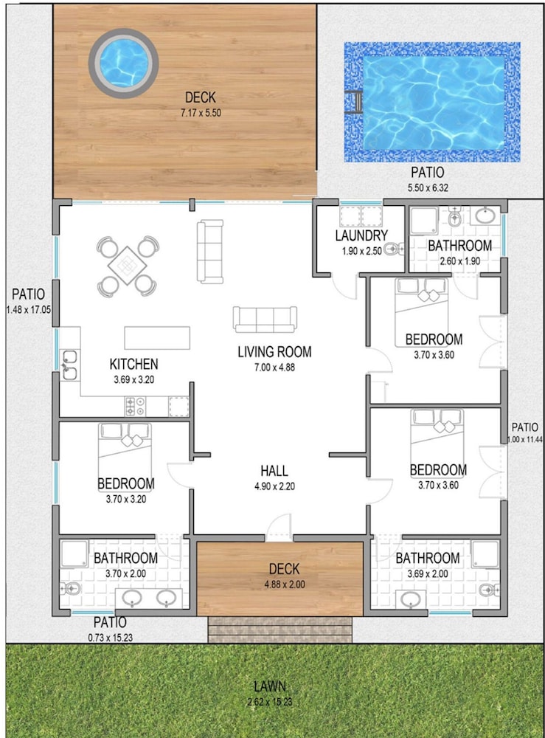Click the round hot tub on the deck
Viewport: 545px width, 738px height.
pos(123,63)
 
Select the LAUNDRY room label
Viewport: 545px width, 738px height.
pos(361,235)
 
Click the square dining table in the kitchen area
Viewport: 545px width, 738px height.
pos(127,266)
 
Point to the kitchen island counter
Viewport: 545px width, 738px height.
pos(157,338)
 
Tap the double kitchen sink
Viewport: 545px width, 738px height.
pos(69,365)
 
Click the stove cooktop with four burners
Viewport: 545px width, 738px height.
pos(135,407)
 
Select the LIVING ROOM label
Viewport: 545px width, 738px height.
pos(274,352)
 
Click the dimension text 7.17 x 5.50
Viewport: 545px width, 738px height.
pos(201,113)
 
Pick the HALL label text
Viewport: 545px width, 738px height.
pos(274,471)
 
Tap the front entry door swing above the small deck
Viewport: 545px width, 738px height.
pos(280,527)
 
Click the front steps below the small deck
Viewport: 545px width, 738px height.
pos(280,630)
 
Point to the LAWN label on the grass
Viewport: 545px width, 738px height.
pos(270,686)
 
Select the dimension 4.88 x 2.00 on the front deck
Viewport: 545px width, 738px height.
pos(285,584)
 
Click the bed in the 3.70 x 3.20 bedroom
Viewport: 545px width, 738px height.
pos(125,451)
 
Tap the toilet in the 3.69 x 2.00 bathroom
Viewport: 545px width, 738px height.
pos(489,590)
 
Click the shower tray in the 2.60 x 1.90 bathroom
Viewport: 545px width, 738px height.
pos(424,221)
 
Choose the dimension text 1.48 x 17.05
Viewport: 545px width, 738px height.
pos(29,310)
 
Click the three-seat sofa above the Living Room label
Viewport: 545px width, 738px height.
pos(265,320)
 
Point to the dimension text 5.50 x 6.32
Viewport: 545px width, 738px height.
pos(428,187)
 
